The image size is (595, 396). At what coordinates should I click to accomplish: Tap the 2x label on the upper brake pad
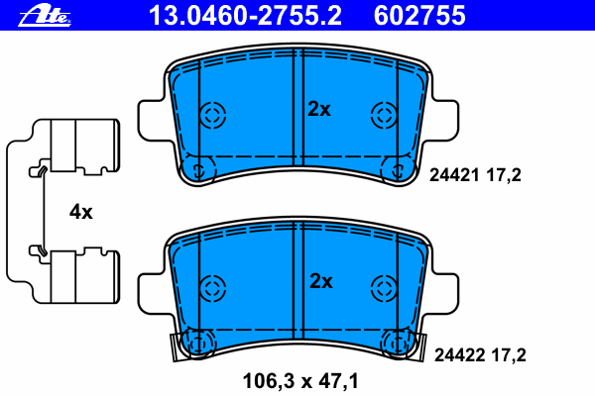[318, 110]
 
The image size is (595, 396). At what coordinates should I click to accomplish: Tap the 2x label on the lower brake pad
[319, 282]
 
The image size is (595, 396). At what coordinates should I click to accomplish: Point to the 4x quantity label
[80, 212]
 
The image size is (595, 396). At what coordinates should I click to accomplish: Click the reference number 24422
[450, 352]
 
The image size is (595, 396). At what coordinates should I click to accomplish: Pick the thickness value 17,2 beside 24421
[505, 175]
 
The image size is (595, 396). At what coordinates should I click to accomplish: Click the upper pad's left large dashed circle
[211, 115]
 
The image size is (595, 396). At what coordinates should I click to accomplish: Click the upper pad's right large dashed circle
[383, 115]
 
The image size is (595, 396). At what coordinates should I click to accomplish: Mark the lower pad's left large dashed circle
[211, 288]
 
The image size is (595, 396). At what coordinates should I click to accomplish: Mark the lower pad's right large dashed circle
[383, 288]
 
